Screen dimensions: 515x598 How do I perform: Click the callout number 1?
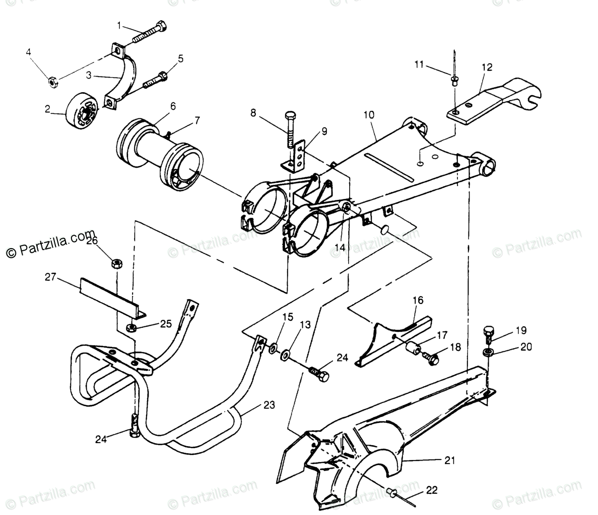point(119,24)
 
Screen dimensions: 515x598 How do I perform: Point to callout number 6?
point(172,106)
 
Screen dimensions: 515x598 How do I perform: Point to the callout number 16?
point(418,301)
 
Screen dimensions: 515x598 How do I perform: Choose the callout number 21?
point(449,460)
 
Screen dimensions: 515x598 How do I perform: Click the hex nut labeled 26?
point(116,262)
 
